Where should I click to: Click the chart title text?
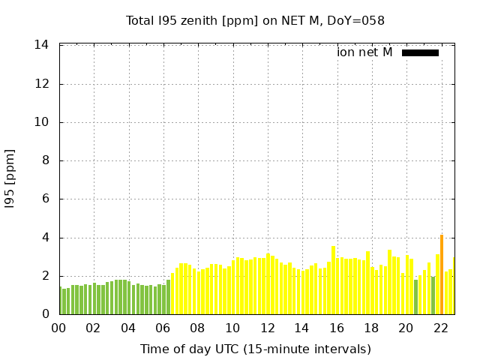[x=255, y=20]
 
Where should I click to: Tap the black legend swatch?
[x=420, y=52]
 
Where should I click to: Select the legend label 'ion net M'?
[x=364, y=52]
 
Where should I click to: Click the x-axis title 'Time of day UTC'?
[x=255, y=349]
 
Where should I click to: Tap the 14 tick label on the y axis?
[x=42, y=45]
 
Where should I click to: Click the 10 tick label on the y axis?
[x=42, y=122]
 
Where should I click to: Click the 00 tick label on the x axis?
[x=58, y=328]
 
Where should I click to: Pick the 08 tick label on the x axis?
[x=198, y=328]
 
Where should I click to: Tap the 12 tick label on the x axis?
[x=267, y=328]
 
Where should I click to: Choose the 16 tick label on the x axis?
[x=337, y=328]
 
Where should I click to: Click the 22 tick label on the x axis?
[x=441, y=328]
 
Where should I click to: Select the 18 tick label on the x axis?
[x=371, y=328]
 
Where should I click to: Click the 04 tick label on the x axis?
[x=128, y=328]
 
